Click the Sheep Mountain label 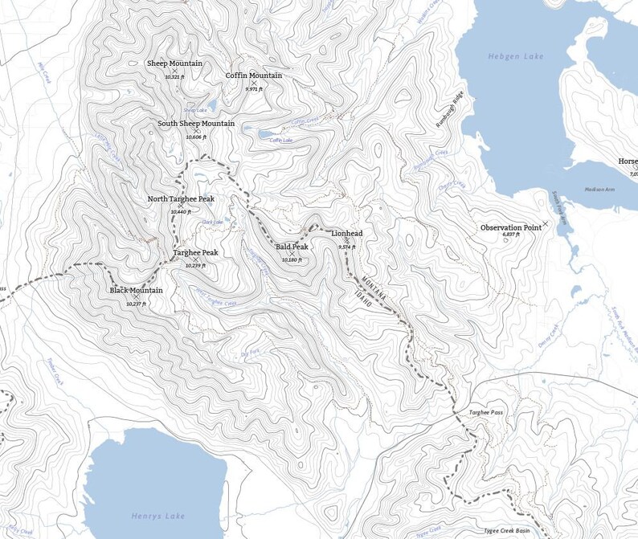[x=174, y=63]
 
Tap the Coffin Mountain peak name [x=253, y=76]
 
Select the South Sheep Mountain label [x=196, y=124]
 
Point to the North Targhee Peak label [x=181, y=198]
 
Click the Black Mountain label [x=136, y=290]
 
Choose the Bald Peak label [x=292, y=247]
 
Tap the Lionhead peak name [x=346, y=233]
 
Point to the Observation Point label [x=510, y=227]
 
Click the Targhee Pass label [x=486, y=412]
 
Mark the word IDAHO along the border [x=364, y=300]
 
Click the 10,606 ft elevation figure [x=196, y=137]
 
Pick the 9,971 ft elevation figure [x=254, y=89]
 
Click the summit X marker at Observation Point [x=546, y=223]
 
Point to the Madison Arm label [x=599, y=190]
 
